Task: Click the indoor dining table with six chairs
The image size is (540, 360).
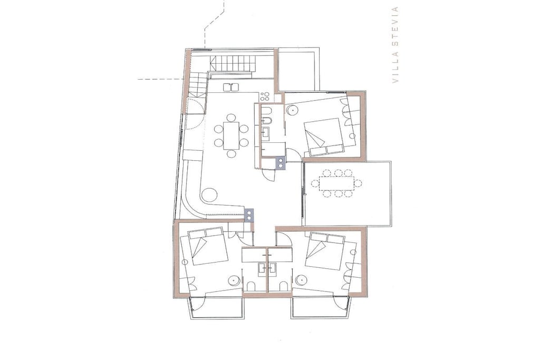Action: (x=231, y=135)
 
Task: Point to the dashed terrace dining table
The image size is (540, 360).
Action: (x=336, y=183)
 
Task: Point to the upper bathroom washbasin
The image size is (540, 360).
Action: (x=266, y=132)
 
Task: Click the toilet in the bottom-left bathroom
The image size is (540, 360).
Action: (x=250, y=287)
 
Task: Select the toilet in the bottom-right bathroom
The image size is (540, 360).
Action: (x=283, y=287)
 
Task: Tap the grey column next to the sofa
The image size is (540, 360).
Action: (x=249, y=215)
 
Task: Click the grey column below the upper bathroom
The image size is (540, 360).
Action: (x=281, y=162)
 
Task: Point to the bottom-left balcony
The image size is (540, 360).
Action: (x=216, y=308)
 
